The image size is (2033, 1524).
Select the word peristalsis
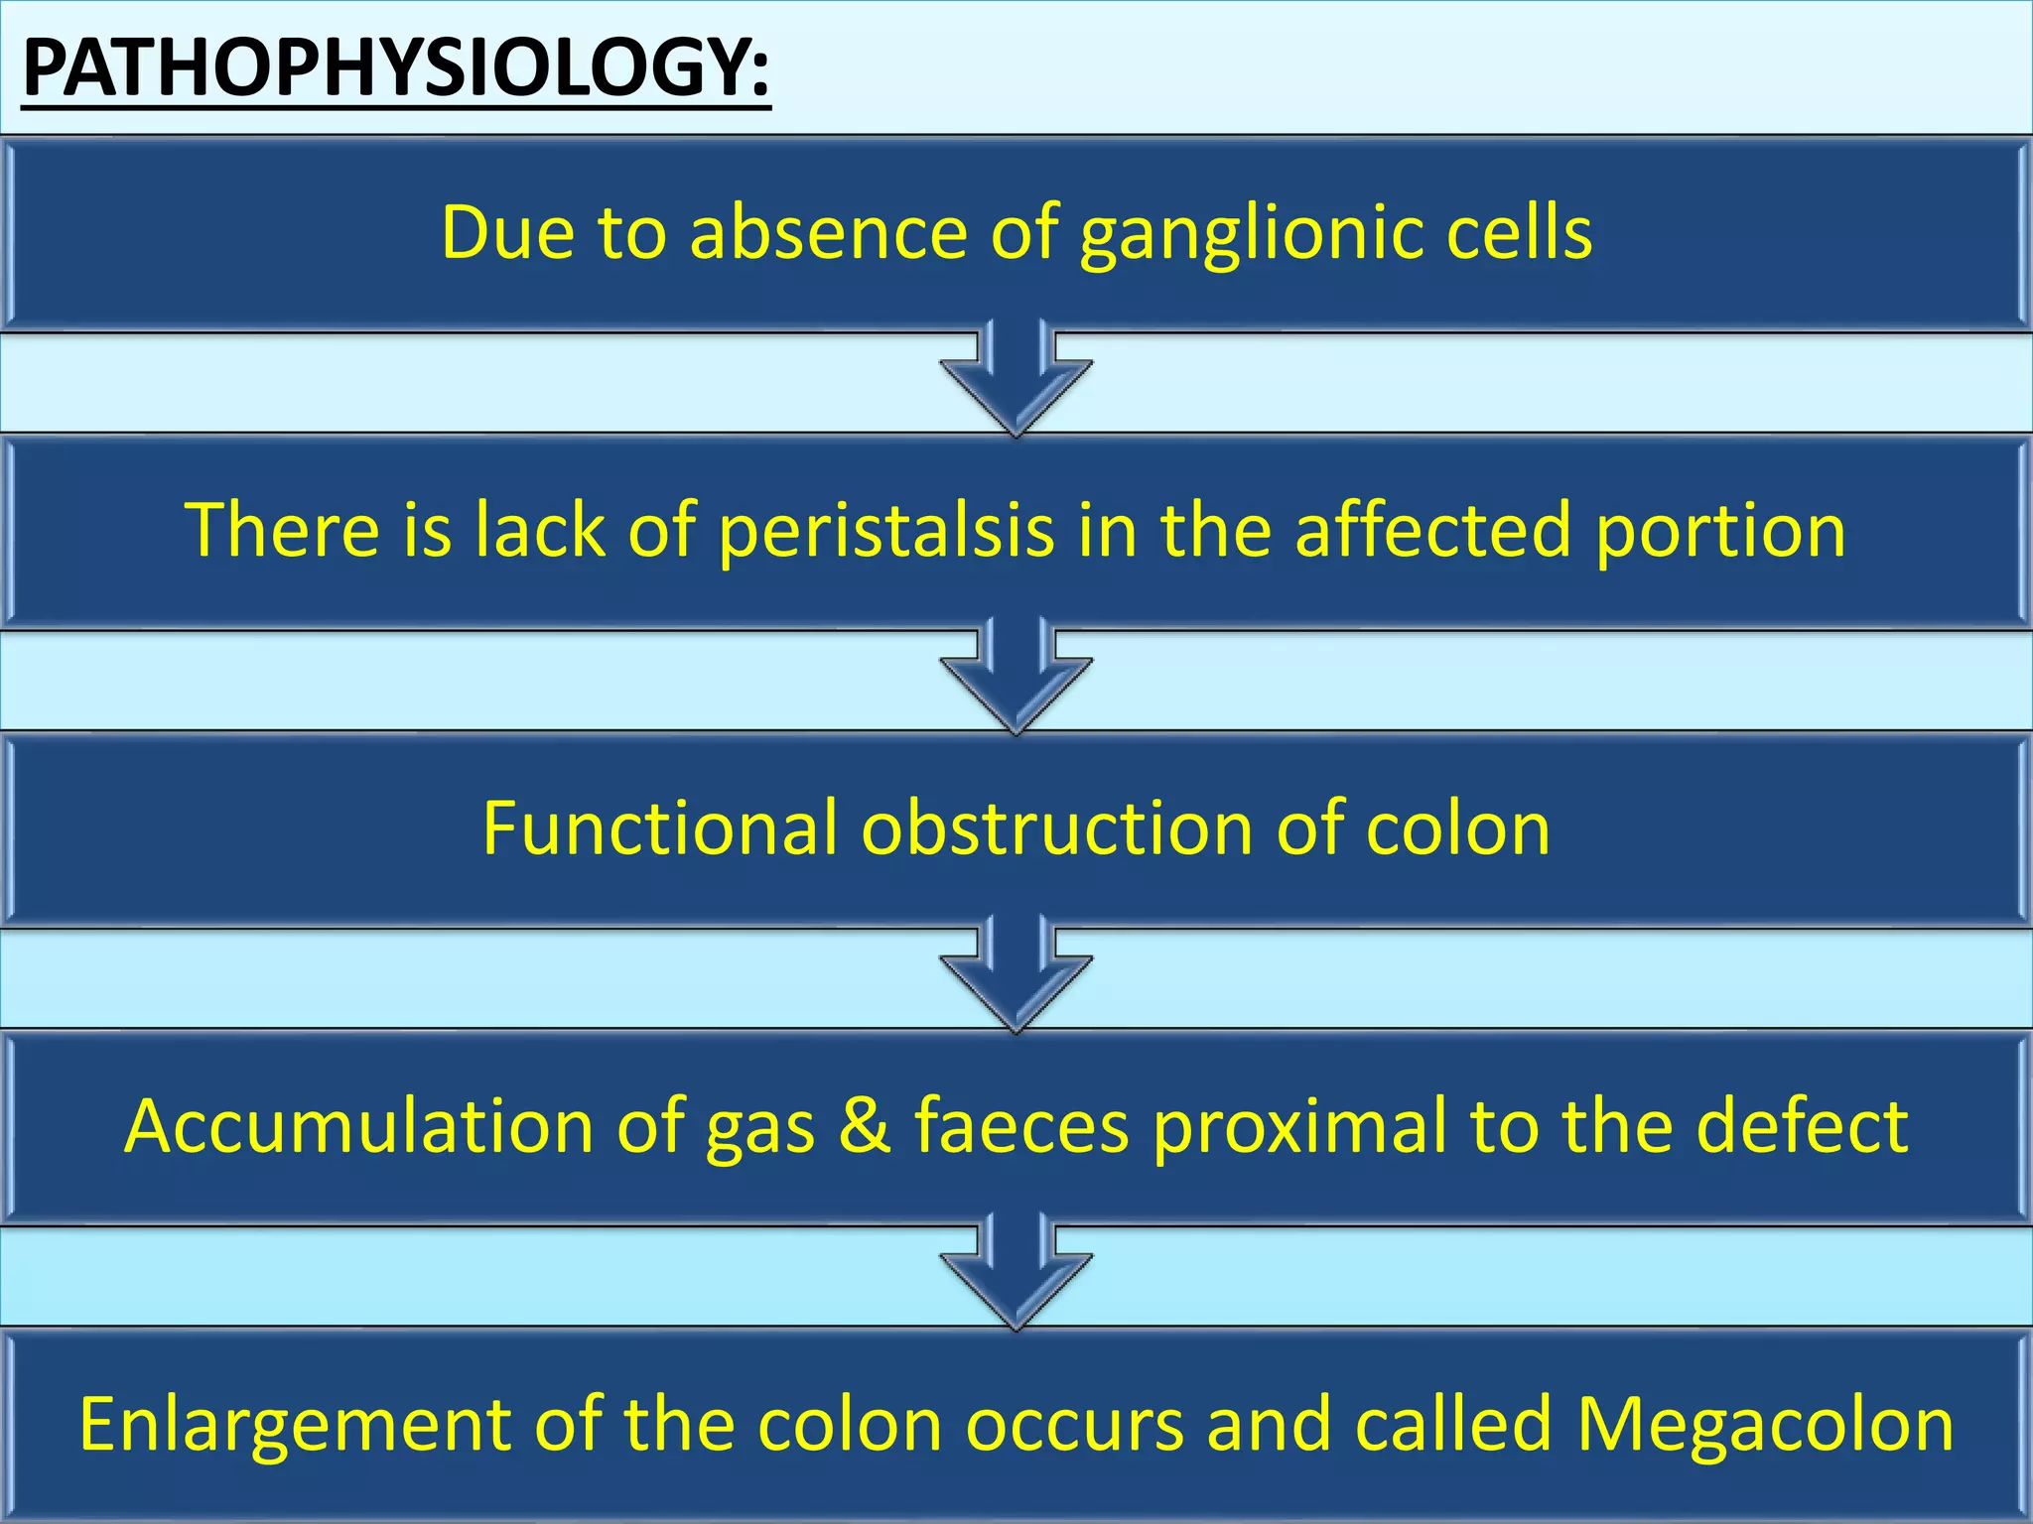coord(885,532)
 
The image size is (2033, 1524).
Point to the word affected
coord(1433,530)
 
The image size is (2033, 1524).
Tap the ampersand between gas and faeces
coord(864,1125)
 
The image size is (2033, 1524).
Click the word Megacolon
coord(1765,1425)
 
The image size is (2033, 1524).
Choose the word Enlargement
coord(294,1425)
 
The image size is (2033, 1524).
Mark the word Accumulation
coord(358,1125)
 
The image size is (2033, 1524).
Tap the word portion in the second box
coord(1720,532)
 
